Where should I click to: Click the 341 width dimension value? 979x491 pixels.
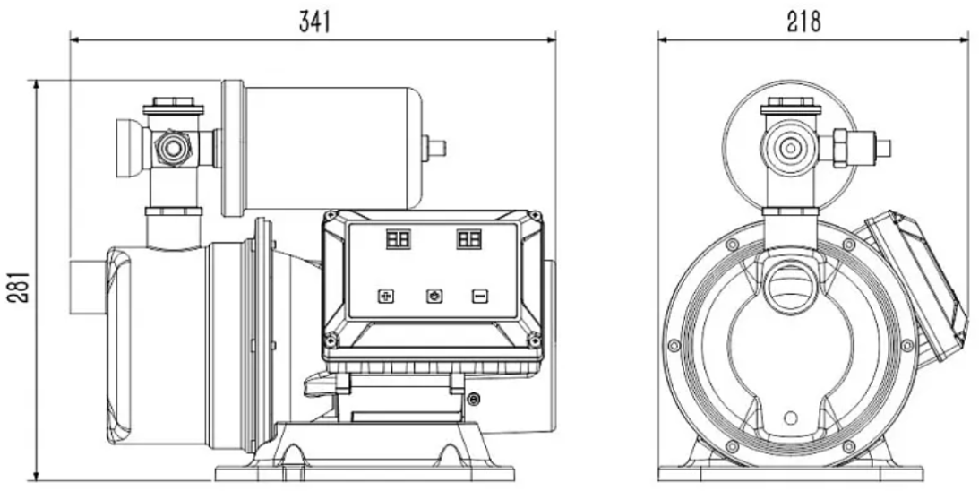tap(313, 22)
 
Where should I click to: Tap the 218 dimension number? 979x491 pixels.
tap(804, 22)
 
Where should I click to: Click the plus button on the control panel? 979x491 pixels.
tap(386, 296)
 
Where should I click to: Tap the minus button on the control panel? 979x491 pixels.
tap(480, 296)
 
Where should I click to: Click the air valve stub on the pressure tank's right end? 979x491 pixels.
tap(436, 147)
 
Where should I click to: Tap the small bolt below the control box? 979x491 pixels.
tap(474, 399)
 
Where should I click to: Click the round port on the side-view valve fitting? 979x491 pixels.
tap(174, 148)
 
